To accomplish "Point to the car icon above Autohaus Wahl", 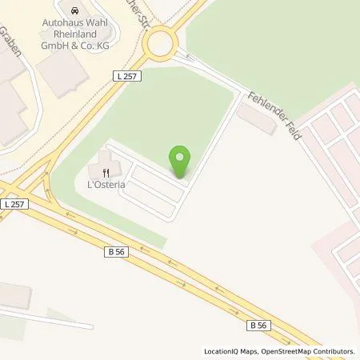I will pos(74,12).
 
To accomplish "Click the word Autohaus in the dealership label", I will pos(62,23).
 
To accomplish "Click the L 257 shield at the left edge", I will pos(14,205).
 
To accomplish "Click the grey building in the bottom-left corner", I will pos(14,296).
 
